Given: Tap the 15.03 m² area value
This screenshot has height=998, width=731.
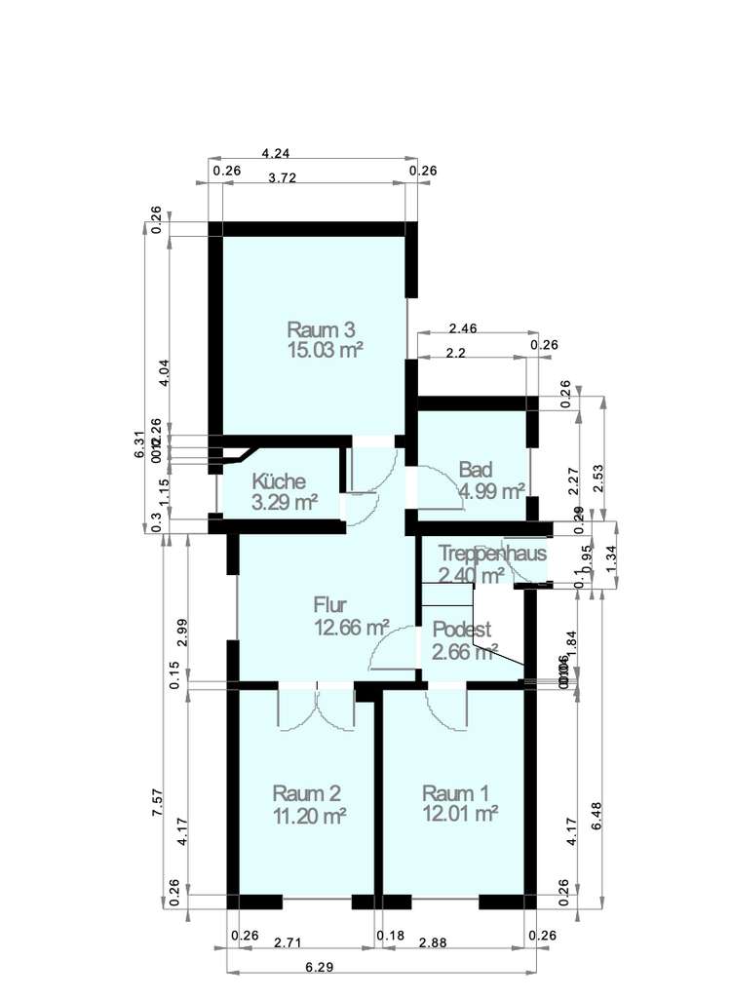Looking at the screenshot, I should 326,351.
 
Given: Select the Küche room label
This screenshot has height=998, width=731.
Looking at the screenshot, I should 279,481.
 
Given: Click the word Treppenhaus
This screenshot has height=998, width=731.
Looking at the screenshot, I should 491,554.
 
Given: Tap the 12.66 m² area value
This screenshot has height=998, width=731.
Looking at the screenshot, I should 351,627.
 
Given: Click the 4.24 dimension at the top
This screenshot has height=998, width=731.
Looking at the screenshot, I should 276,153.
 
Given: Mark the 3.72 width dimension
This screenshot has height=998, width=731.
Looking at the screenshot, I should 282,177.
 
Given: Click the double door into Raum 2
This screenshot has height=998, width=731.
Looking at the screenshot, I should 316,706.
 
